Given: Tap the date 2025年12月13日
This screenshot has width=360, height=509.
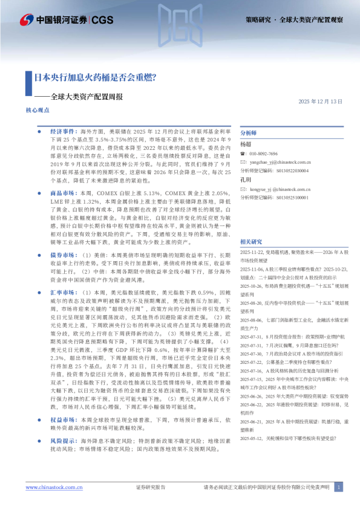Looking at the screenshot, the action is tap(320, 101).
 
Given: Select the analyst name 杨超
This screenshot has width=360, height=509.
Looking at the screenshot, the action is tap(246, 144).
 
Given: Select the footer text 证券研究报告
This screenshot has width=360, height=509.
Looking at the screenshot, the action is tap(151, 487).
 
